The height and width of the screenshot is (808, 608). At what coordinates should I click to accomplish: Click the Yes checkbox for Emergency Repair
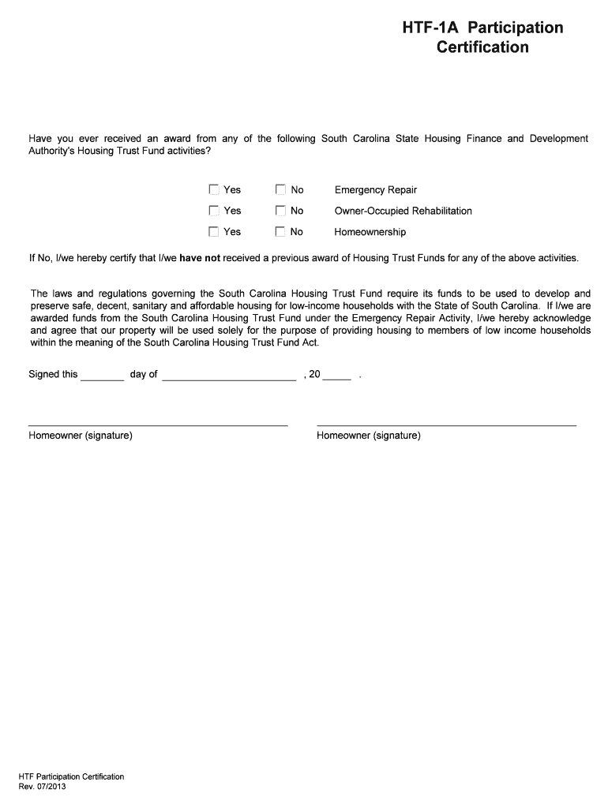point(213,189)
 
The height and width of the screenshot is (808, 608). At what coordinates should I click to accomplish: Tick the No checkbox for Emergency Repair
point(280,189)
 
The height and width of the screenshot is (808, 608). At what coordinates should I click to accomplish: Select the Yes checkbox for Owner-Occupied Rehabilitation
point(213,211)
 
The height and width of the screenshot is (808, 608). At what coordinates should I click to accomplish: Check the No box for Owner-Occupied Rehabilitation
point(280,211)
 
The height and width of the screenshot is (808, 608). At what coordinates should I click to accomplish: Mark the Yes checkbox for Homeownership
point(213,232)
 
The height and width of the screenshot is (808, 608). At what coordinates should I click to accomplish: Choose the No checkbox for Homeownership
point(280,232)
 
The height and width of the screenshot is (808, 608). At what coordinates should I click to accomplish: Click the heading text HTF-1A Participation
point(482,28)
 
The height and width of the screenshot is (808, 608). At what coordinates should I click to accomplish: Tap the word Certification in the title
point(482,47)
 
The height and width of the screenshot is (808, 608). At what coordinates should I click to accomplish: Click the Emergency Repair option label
point(375,190)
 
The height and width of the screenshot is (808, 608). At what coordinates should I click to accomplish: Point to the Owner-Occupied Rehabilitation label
point(403,211)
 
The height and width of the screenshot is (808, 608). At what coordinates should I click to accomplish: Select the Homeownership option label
point(370,233)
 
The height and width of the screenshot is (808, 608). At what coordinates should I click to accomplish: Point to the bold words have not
point(200,258)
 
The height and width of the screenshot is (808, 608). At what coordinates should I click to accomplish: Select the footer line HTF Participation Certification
point(72,776)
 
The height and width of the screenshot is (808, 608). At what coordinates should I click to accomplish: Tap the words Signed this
point(53,374)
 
